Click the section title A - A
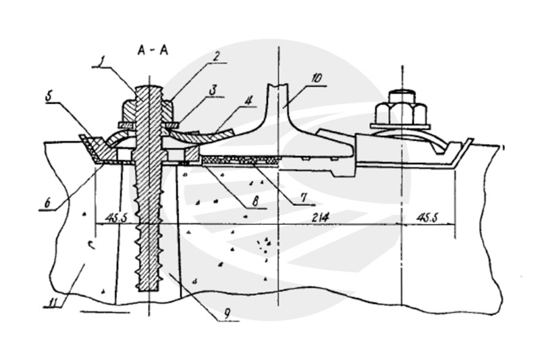click(153, 50)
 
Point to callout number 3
click(213, 91)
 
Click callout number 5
click(49, 97)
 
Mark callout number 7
click(303, 197)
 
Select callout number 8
click(255, 201)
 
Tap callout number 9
click(227, 313)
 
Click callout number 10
click(316, 78)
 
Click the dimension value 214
click(320, 217)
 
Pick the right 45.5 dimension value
click(427, 217)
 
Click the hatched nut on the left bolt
click(148, 110)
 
